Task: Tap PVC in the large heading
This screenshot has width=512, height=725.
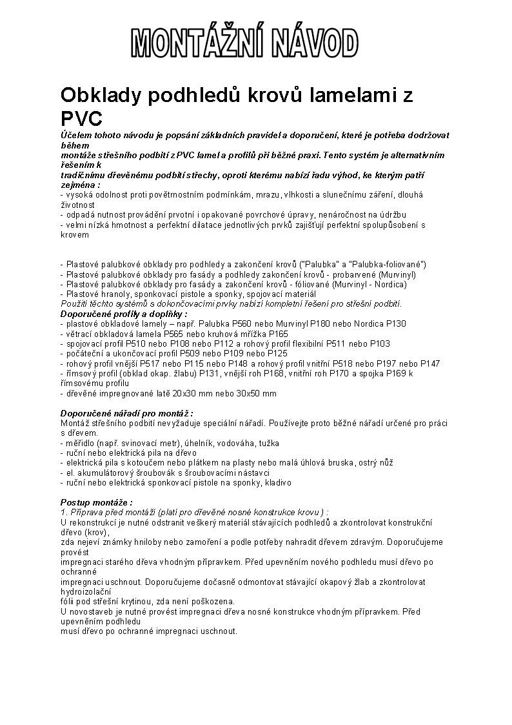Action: pos(81,119)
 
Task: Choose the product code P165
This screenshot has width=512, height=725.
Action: pos(278,334)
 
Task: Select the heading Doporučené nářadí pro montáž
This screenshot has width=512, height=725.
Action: pos(126,413)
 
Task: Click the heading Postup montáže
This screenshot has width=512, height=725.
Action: pos(97,502)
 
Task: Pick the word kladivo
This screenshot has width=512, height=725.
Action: pos(277,482)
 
